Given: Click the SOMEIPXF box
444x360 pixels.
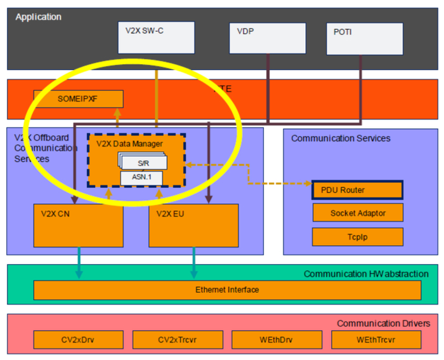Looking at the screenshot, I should click(78, 98).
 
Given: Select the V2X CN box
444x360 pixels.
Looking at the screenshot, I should click(78, 225).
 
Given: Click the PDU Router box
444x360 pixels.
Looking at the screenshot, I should click(357, 190).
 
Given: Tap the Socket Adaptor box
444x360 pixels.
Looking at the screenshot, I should click(357, 213).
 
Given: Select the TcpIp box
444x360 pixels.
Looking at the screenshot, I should click(357, 236).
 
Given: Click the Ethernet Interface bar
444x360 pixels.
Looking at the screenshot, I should click(226, 290).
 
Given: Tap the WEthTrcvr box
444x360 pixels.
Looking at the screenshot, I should click(376, 340).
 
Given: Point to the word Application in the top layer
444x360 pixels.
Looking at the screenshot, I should click(39, 17).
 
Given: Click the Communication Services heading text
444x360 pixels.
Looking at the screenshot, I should click(341, 138).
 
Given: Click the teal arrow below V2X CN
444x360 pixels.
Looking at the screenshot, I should click(79, 262).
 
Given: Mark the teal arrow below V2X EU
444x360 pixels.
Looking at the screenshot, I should click(193, 262).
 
